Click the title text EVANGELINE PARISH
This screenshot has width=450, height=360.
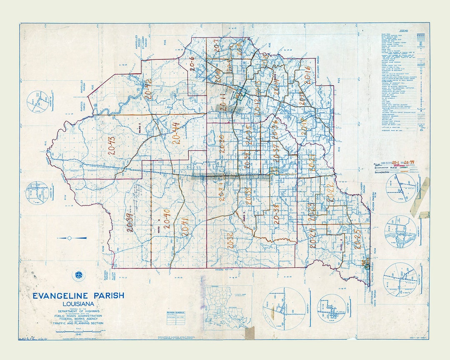pyautogui.click(x=78, y=295)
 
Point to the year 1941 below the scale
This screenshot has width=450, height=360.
pyautogui.click(x=78, y=334)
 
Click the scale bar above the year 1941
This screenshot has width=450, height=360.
pyautogui.click(x=78, y=330)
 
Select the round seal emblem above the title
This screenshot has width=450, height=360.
pyautogui.click(x=78, y=275)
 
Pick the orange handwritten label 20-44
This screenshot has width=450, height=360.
pyautogui.click(x=176, y=132)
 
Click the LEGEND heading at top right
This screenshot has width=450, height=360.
pyautogui.click(x=403, y=31)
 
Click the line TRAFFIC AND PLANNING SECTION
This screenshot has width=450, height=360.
pyautogui.click(x=78, y=323)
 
